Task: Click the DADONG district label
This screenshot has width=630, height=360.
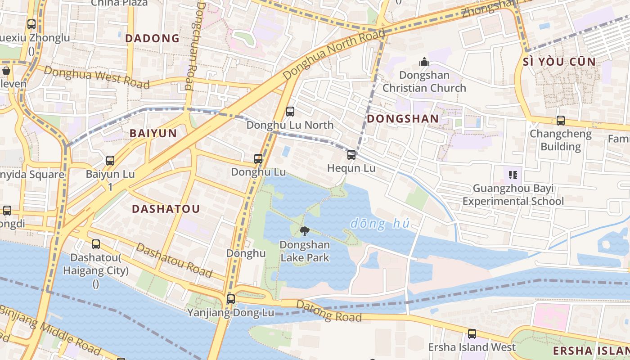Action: tap(152, 39)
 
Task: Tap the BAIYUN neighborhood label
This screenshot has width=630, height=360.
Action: tap(153, 133)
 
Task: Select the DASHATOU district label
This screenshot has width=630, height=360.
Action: tap(166, 209)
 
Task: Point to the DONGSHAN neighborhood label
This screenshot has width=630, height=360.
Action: tap(402, 119)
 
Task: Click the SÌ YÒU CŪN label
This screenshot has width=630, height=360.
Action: tap(559, 62)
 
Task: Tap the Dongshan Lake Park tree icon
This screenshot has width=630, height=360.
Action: tap(305, 232)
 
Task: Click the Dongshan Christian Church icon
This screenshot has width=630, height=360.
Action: tap(424, 62)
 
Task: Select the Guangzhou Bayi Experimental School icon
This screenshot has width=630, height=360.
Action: tap(513, 175)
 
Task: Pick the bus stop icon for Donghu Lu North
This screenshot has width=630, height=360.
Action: tap(290, 111)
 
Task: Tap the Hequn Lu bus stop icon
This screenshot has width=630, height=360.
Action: tap(351, 155)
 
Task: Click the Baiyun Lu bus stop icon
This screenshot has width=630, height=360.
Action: tap(110, 160)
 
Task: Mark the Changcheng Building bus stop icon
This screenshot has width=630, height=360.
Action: tap(560, 120)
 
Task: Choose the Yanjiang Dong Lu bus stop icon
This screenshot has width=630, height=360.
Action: tap(231, 299)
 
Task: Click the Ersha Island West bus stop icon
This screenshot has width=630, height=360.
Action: tap(472, 333)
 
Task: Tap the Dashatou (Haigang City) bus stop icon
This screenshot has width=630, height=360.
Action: tap(96, 244)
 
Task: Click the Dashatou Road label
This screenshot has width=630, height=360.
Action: tap(174, 261)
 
